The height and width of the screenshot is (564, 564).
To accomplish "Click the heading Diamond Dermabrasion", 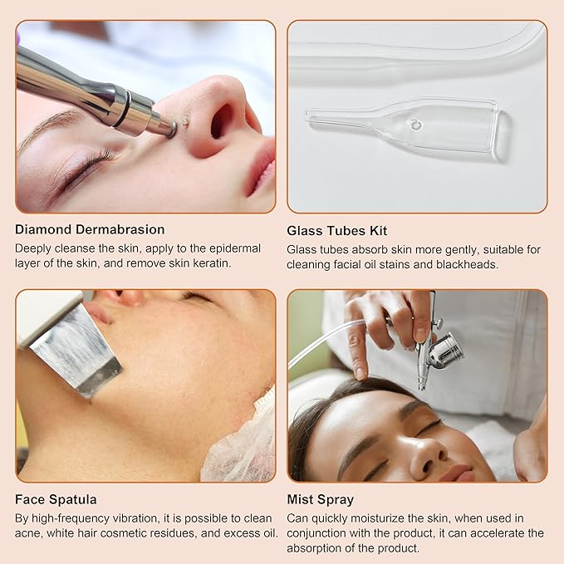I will [x=90, y=229].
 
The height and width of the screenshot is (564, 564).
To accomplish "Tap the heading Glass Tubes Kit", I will [x=336, y=231].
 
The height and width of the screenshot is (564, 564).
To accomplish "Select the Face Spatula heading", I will [x=56, y=499].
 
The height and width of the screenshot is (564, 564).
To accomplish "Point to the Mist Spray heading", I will [x=320, y=499].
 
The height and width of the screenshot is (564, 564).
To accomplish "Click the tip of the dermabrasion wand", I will [x=172, y=129].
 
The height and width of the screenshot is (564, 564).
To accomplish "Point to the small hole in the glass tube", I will [x=415, y=125].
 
